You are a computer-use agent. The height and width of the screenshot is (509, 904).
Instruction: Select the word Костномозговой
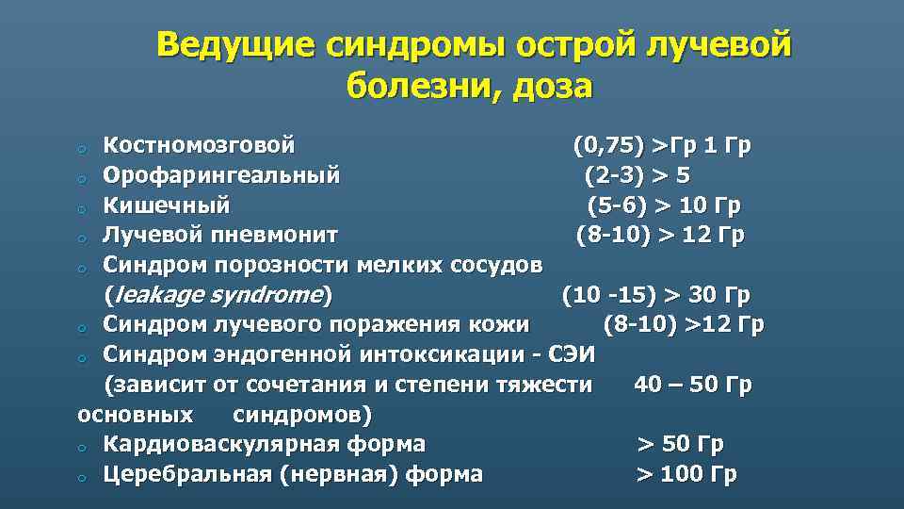click(x=199, y=146)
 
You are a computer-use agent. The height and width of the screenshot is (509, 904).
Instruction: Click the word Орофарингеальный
click(x=222, y=175)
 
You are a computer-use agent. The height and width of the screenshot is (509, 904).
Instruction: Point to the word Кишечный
click(x=166, y=205)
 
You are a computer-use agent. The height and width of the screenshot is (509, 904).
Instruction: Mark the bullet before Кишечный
click(x=83, y=207)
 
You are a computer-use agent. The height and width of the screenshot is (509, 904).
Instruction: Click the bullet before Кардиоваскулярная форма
click(x=83, y=447)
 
